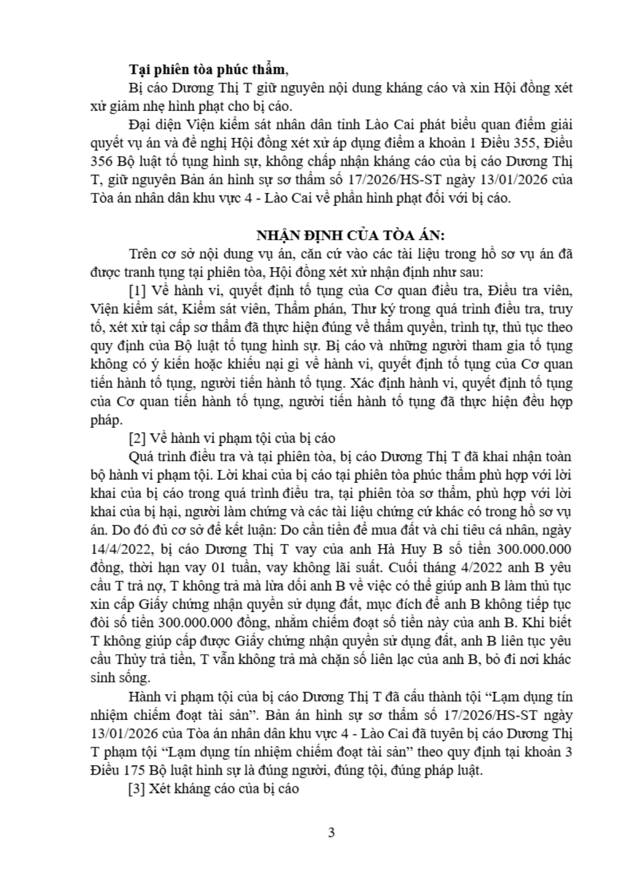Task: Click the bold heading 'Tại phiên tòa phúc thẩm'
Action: click(x=207, y=70)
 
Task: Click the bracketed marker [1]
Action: click(x=139, y=291)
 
